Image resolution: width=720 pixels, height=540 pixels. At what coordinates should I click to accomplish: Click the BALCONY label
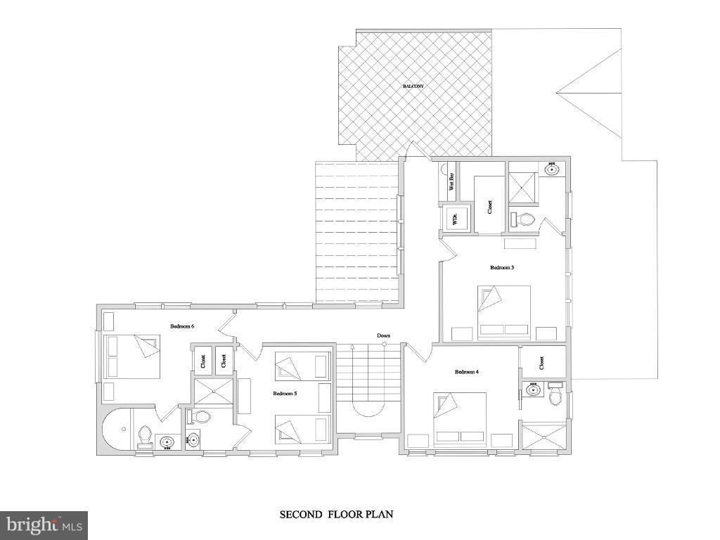(x=413, y=86)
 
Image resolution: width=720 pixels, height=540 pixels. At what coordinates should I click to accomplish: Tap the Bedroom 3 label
(x=502, y=267)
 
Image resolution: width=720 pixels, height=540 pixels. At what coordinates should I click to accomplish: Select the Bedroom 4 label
(x=466, y=371)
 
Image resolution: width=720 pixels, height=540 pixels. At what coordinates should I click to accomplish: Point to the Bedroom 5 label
(x=285, y=394)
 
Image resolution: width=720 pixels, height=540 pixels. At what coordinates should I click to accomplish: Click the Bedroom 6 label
(x=182, y=326)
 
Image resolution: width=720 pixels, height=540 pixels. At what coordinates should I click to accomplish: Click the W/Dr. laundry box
(x=454, y=219)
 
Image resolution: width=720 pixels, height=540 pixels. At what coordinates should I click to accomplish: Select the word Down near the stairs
(x=383, y=335)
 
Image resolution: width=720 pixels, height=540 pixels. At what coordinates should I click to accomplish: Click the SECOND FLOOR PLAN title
(x=337, y=515)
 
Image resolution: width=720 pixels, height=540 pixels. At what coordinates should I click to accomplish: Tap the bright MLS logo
(x=44, y=525)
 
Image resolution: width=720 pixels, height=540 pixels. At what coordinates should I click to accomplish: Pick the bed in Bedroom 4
(x=460, y=418)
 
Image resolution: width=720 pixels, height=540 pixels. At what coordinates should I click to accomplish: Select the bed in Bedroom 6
(x=132, y=356)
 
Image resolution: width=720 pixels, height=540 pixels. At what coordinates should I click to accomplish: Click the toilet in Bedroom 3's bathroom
(x=522, y=220)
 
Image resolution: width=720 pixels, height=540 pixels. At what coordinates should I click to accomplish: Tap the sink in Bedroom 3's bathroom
(x=552, y=169)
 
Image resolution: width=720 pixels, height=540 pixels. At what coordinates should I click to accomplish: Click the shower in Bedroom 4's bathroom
(x=543, y=436)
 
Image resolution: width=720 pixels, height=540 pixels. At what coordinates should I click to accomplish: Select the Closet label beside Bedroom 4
(x=541, y=363)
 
